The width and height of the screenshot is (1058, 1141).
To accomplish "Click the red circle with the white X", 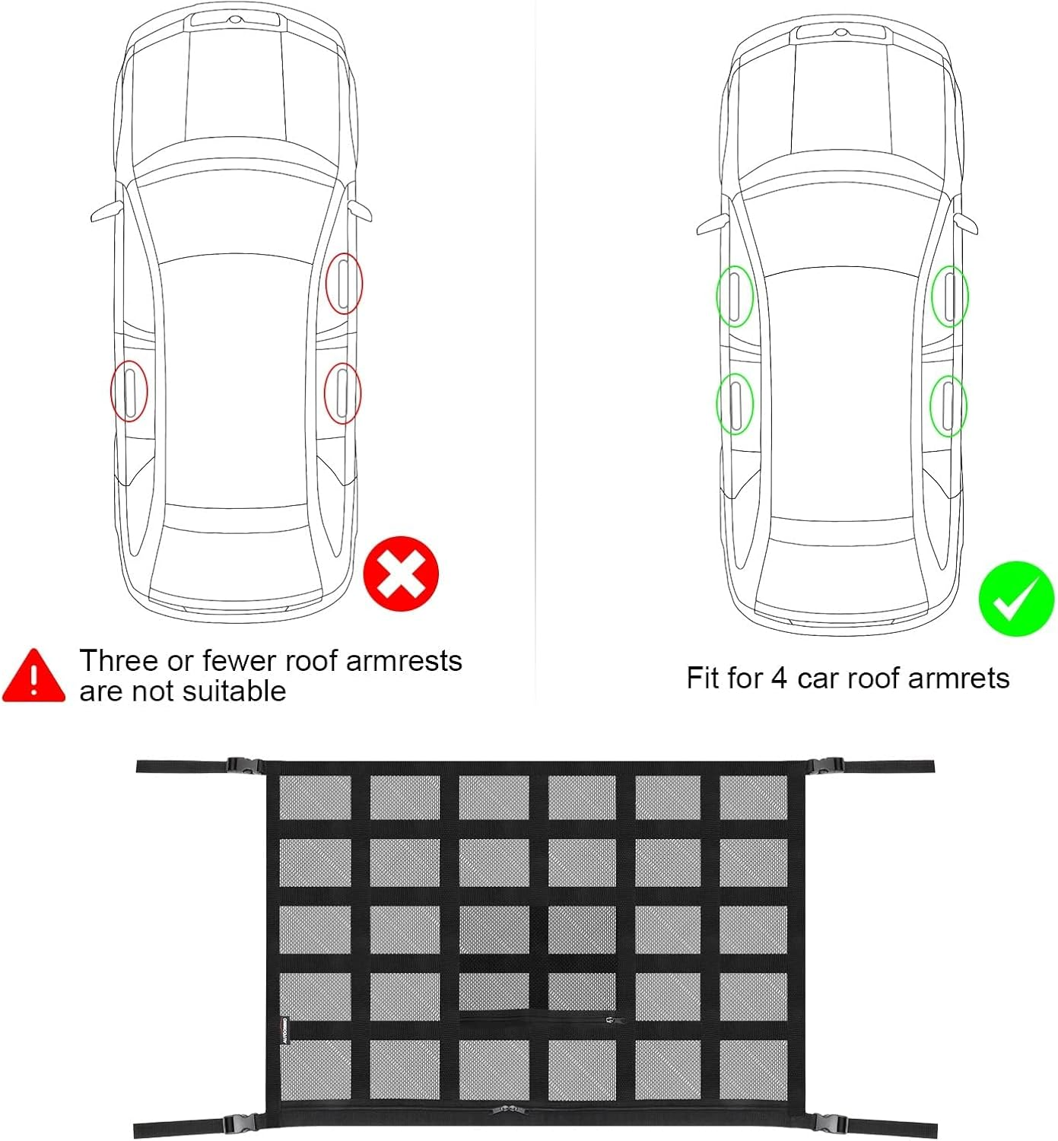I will point(401,574).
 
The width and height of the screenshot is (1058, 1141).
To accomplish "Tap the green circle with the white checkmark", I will point(1015,599).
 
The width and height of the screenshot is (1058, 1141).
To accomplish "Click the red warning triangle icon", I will point(33,676).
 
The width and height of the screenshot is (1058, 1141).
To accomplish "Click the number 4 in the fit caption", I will point(778,678).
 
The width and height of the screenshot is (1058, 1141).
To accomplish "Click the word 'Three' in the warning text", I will point(119,661).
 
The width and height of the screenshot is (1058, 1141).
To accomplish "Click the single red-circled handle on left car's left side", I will point(129,391).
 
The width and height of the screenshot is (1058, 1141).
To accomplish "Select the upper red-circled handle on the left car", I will point(344,284).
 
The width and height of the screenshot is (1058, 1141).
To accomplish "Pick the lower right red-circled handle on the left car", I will point(342,393).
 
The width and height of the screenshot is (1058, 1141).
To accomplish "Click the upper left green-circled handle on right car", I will point(735,296).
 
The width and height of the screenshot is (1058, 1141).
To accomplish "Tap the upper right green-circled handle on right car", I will point(950,296).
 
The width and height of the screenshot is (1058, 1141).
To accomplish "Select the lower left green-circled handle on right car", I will point(735,404).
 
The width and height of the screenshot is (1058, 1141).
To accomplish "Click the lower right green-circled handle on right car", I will point(948,405).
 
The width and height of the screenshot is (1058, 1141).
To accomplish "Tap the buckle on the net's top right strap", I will point(825,766).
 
